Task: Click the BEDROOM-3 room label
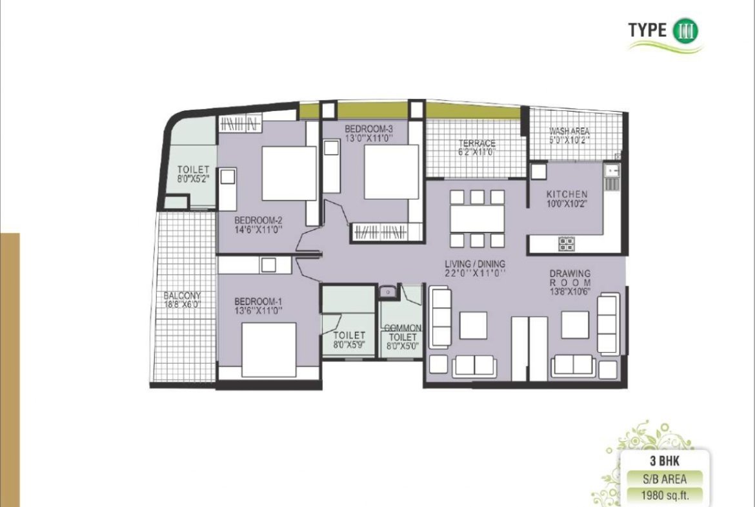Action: (369, 129)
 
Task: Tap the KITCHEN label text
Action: (567, 194)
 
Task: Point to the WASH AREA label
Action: (569, 131)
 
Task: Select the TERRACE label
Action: (477, 143)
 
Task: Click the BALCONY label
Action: (182, 295)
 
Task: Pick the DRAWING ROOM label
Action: (570, 278)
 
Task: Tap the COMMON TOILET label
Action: (403, 333)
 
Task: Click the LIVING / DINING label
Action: (475, 264)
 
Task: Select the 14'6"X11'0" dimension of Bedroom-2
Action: (258, 230)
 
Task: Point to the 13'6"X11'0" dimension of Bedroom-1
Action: (258, 311)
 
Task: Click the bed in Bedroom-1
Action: (268, 349)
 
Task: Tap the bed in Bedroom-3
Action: (392, 172)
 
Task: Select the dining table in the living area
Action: (478, 218)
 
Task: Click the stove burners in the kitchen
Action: (566, 244)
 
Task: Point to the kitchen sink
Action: (612, 170)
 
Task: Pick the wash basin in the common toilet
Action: (387, 291)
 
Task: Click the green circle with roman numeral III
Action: (685, 30)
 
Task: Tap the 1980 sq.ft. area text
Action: (665, 495)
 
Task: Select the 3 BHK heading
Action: (665, 461)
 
